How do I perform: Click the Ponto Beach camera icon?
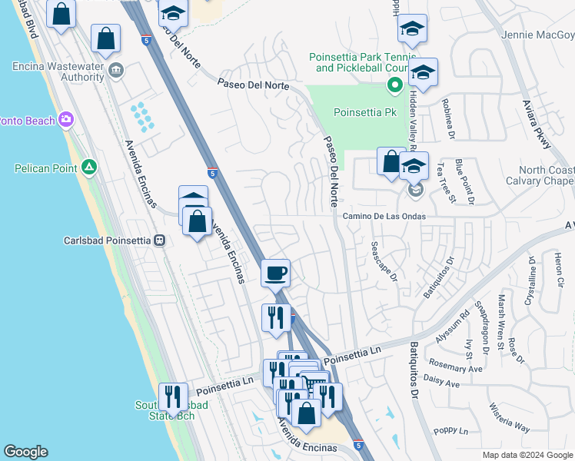coord(67,120)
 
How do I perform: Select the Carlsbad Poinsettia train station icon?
coord(160,240)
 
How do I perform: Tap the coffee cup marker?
coord(275,272)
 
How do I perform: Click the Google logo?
coord(25,452)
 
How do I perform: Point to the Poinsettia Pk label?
coord(365,112)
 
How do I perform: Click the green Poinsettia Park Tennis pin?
coord(394,85)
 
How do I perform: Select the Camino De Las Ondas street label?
coord(384,217)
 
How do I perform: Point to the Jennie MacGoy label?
coord(537,35)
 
